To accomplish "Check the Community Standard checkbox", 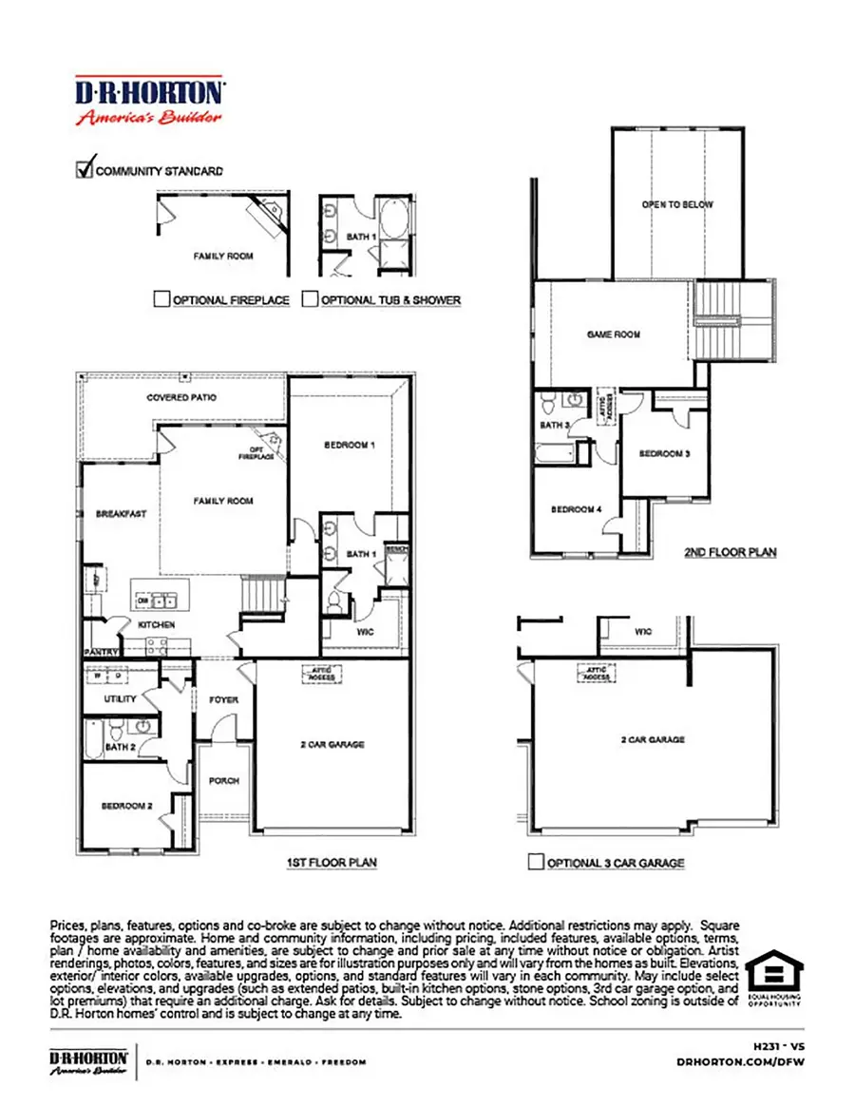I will (x=84, y=170).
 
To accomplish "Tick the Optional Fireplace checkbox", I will (x=161, y=299).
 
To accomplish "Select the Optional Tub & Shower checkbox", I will (x=310, y=299).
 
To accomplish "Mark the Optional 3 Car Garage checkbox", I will (x=536, y=863).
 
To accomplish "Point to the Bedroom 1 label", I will (x=351, y=445).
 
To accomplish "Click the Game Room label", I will (x=613, y=334).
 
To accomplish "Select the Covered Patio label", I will (x=181, y=397).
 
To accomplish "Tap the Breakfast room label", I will (x=122, y=514).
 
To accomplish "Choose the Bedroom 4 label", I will (x=577, y=509).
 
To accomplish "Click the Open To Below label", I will (x=677, y=204).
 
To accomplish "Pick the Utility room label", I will (x=121, y=698).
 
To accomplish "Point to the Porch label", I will (x=223, y=781).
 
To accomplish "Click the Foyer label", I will (x=223, y=700).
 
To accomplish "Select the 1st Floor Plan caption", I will (x=332, y=863).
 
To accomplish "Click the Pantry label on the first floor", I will (x=99, y=653).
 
